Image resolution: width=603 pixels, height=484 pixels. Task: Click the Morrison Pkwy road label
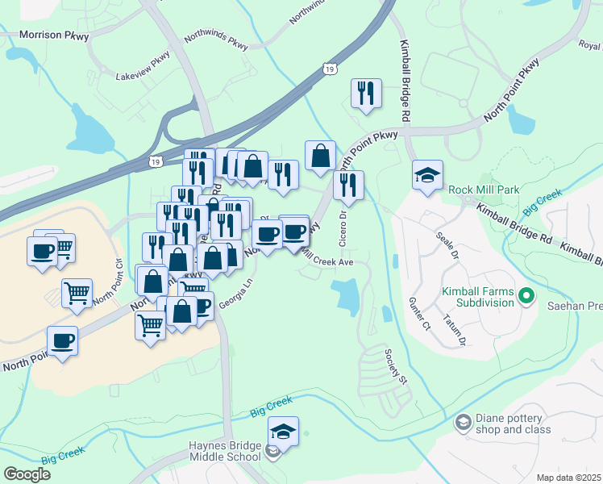tap(54, 35)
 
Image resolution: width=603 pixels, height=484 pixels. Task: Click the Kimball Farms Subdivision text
tap(477, 297)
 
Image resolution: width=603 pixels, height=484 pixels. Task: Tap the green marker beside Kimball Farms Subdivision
tap(526, 296)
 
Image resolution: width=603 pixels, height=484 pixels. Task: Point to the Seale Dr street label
tap(447, 245)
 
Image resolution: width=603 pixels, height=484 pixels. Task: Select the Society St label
tap(397, 366)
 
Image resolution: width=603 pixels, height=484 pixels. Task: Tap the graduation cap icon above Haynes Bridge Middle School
tap(283, 431)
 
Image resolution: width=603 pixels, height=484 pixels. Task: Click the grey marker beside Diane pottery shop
tap(463, 422)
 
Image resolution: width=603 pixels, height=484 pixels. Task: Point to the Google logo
tap(27, 474)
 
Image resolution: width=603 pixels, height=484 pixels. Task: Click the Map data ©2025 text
tap(568, 478)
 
